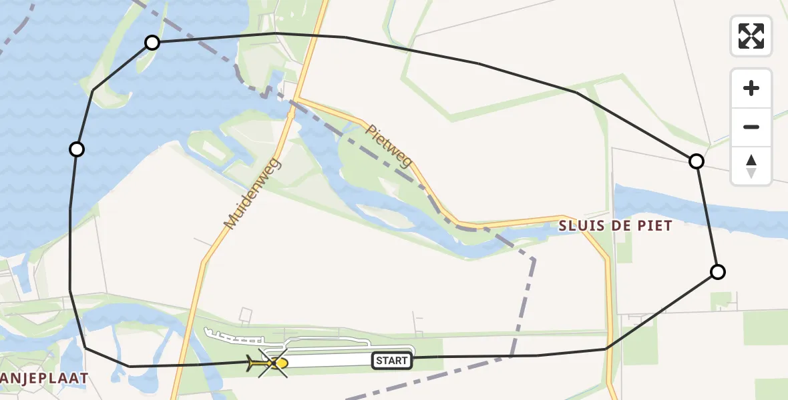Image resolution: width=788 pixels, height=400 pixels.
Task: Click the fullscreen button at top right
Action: pyautogui.click(x=751, y=36)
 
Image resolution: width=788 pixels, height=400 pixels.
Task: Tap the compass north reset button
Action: pyautogui.click(x=751, y=166)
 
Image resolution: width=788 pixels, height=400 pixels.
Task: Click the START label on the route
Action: pyautogui.click(x=391, y=361)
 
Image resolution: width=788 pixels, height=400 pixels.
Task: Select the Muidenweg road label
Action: pyautogui.click(x=253, y=194)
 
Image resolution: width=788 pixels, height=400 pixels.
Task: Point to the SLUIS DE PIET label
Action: pyautogui.click(x=615, y=226)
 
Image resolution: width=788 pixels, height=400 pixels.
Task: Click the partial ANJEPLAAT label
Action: pyautogui.click(x=44, y=379)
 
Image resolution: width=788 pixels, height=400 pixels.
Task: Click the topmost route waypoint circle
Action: pyautogui.click(x=152, y=43)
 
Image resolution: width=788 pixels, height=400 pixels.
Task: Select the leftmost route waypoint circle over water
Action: pyautogui.click(x=77, y=149)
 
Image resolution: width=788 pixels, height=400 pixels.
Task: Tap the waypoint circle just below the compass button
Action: pyautogui.click(x=696, y=161)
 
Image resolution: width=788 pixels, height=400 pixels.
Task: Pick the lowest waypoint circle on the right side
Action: pyautogui.click(x=717, y=272)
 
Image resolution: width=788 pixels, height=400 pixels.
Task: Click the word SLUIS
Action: pyautogui.click(x=583, y=226)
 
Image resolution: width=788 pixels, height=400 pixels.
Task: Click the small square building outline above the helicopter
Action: pyautogui.click(x=246, y=314)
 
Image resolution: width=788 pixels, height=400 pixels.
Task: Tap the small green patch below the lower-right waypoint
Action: pyautogui.click(x=721, y=301)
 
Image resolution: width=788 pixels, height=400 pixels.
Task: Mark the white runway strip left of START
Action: pyautogui.click(x=327, y=361)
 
